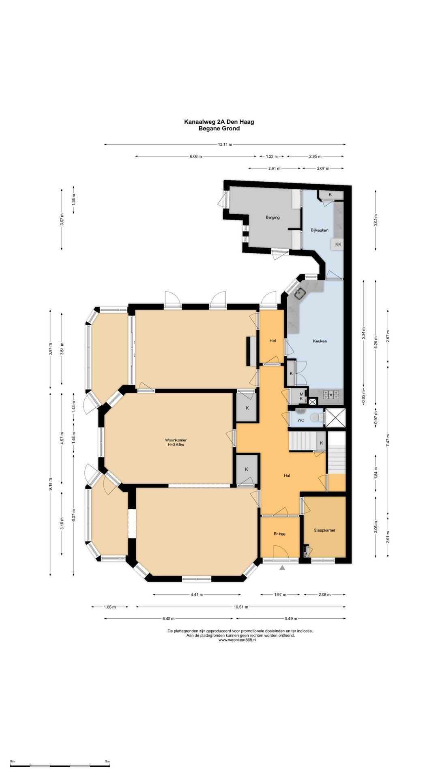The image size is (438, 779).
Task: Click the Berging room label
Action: (x=273, y=217)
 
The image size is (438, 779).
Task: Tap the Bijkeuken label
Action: (x=320, y=230)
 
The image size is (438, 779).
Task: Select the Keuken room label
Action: (x=320, y=341)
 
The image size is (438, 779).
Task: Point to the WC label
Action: (x=301, y=420)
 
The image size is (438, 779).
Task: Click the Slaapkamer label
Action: (x=324, y=530)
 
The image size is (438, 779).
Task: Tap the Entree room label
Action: (x=279, y=534)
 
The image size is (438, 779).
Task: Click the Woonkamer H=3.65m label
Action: (x=176, y=442)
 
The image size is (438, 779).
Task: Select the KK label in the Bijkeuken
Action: (x=338, y=244)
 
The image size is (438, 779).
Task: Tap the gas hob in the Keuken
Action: (x=331, y=394)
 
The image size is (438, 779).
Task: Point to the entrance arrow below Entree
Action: (x=282, y=568)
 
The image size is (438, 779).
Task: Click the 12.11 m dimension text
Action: (x=225, y=144)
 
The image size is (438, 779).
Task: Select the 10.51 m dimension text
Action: (x=241, y=607)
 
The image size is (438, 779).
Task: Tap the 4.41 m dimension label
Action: (x=196, y=595)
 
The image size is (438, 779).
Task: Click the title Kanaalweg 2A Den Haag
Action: (x=219, y=122)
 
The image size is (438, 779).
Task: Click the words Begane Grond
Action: (x=219, y=129)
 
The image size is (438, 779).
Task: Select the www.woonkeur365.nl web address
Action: (x=237, y=640)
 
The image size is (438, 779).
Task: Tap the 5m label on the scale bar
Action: (x=107, y=762)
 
